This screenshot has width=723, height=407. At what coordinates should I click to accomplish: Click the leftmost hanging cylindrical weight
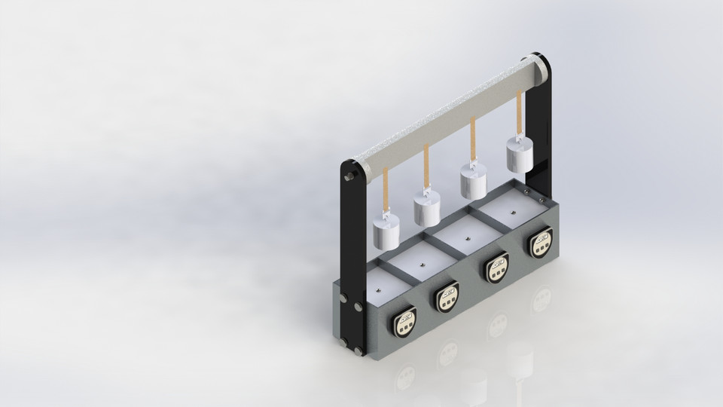[386, 234]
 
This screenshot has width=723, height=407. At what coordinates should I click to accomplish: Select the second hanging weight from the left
[426, 210]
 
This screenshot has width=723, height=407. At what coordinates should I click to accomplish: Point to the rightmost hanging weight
[520, 158]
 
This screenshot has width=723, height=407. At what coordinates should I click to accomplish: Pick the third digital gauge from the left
[496, 268]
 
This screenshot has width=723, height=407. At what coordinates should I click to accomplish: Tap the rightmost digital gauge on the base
[540, 243]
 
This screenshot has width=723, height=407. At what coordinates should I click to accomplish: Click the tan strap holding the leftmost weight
[386, 188]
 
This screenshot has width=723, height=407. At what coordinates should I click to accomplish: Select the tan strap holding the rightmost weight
[519, 117]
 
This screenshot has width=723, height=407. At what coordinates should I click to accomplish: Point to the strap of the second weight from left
[426, 167]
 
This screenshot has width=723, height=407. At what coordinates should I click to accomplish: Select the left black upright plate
[352, 256]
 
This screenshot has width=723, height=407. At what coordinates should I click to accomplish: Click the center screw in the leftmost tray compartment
[380, 288]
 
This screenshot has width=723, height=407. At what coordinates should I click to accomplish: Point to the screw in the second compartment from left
[423, 264]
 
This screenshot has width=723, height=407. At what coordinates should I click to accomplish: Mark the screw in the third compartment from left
[467, 238]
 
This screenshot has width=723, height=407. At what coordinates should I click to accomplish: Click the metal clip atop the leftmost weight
[386, 218]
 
